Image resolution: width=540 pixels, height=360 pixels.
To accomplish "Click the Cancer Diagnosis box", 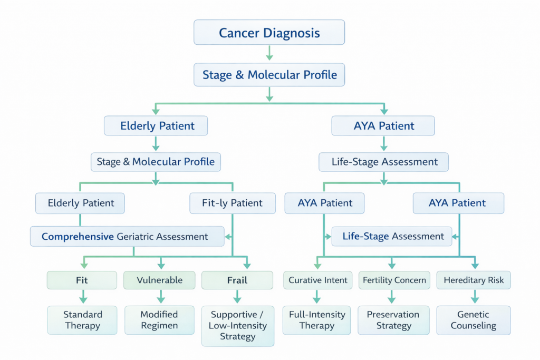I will tap(269, 33).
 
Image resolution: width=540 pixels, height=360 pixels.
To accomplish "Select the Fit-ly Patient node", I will tap(232, 203).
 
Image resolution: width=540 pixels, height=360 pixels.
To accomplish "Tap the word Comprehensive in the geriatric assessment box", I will tap(78, 237).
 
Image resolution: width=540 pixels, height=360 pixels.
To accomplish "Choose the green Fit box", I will tap(82, 280).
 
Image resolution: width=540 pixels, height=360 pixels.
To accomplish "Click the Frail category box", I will tap(237, 280).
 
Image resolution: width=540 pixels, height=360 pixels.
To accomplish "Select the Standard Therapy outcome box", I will tap(82, 319).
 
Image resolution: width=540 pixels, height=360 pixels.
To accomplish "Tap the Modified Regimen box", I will tap(159, 319).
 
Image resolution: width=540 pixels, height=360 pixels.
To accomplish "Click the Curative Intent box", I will tap(318, 280).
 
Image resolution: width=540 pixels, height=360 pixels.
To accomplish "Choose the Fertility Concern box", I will tap(394, 280).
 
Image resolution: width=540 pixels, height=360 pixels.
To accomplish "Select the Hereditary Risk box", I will tap(474, 280).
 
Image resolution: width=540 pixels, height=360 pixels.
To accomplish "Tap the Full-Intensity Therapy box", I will tap(316, 319).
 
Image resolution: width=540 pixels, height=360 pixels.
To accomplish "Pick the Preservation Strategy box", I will tap(393, 319).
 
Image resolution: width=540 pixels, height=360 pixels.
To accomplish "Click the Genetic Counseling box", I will tap(473, 319).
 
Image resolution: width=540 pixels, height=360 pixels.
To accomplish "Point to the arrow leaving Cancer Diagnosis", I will tap(269, 53).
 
